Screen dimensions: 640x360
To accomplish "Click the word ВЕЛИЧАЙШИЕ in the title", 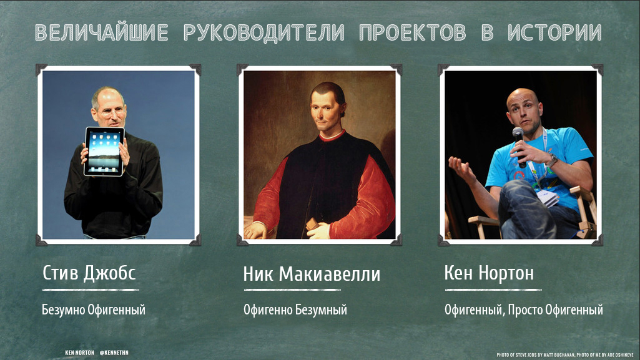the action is (102, 32).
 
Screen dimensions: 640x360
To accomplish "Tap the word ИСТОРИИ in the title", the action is (554, 32).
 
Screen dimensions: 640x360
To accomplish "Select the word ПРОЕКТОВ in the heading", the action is (413, 32).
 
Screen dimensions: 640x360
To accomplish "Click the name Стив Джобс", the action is (89, 273).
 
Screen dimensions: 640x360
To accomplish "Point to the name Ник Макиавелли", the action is (312, 274).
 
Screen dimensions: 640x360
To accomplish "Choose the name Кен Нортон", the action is (489, 273).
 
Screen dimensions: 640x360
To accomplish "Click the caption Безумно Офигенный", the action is (94, 310).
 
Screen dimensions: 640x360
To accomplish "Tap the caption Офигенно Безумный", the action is (295, 310).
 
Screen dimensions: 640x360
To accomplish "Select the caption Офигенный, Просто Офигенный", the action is (524, 310).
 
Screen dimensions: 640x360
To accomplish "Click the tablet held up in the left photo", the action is (104, 151).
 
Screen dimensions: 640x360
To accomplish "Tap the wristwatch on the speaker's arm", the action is (552, 160).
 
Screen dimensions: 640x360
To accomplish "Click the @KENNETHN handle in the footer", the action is (114, 353).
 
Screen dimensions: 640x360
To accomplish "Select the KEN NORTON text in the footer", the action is (79, 353).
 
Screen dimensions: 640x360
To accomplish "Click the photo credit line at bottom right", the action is (565, 355).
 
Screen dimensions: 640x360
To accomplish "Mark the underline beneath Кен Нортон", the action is (493, 290).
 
